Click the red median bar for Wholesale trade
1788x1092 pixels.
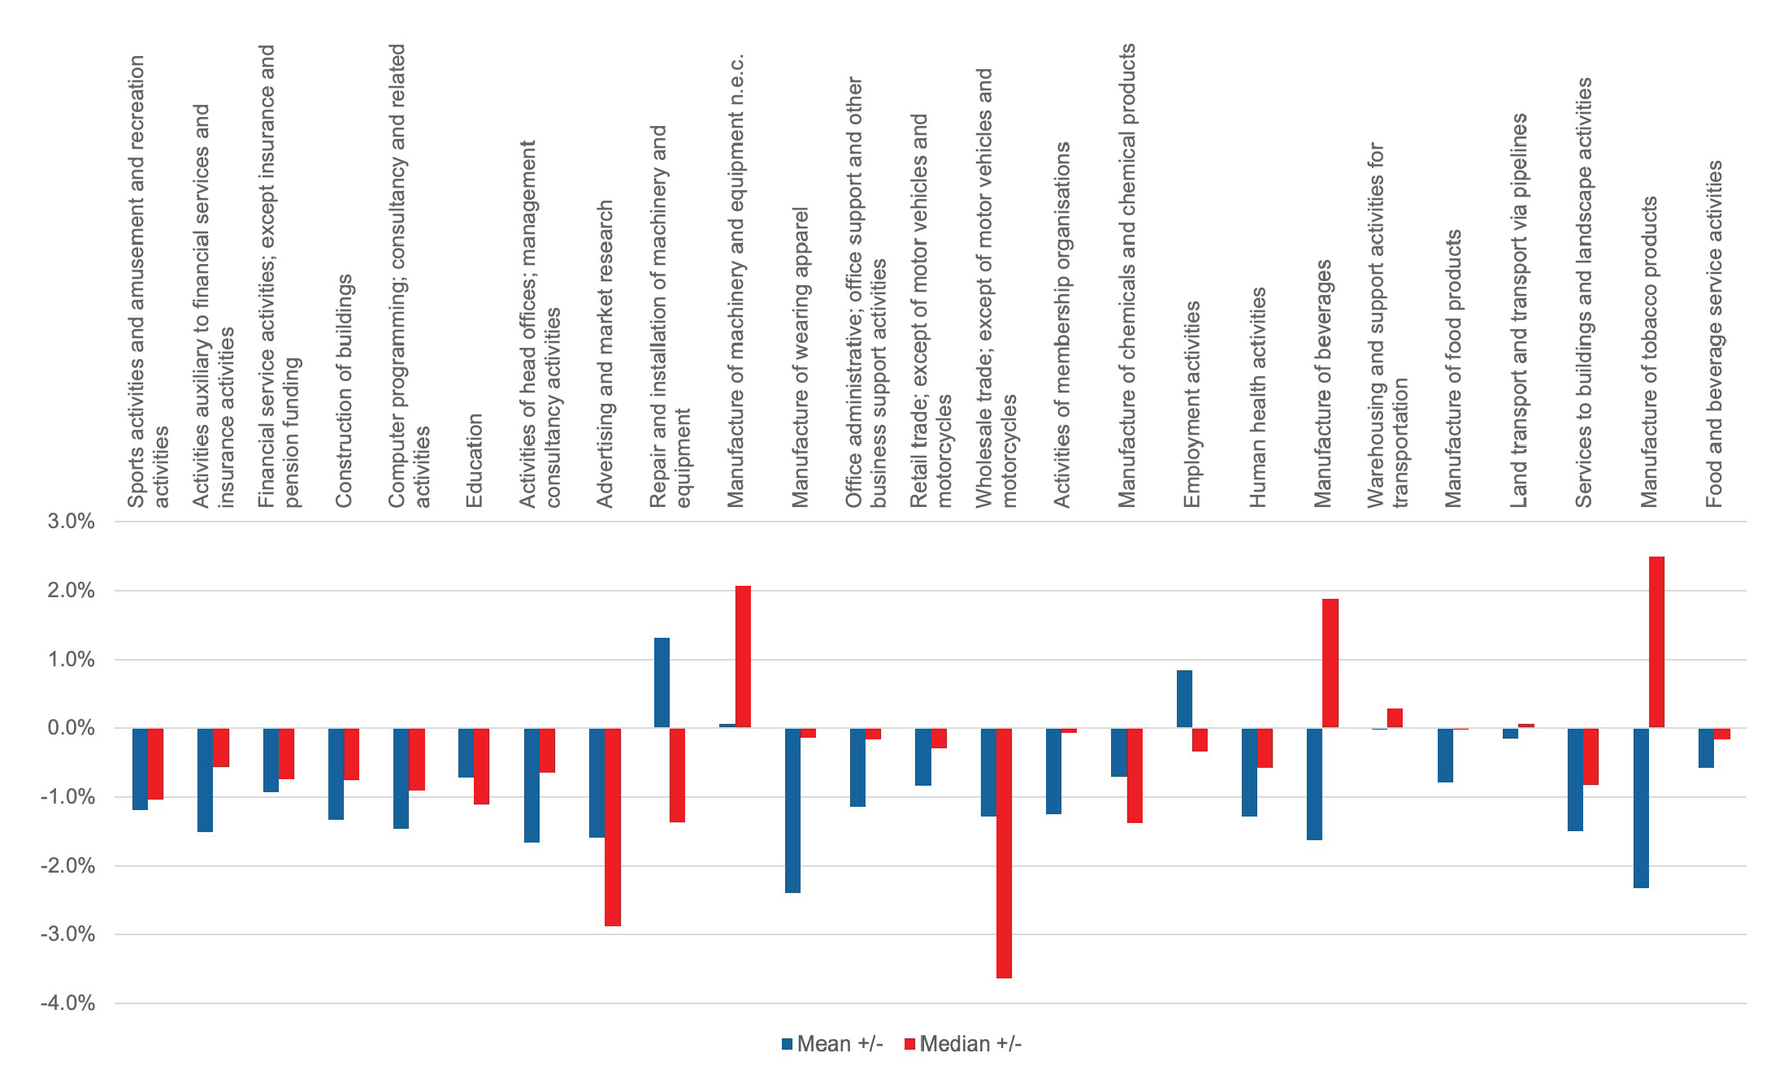[1004, 852]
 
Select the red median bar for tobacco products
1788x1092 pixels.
[1656, 642]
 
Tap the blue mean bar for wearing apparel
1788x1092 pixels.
[792, 810]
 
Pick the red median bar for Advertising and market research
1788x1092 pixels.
[613, 826]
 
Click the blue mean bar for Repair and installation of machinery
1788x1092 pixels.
[662, 682]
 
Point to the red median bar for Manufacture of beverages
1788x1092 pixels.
[1330, 663]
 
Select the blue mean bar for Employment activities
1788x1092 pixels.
[1184, 699]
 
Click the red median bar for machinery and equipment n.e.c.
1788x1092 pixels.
[743, 656]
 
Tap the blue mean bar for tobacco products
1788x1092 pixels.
[1641, 808]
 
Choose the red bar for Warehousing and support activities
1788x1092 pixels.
[1395, 718]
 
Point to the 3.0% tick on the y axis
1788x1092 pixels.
[72, 522]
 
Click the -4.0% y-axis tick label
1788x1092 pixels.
[68, 1003]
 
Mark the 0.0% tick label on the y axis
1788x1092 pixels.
[72, 728]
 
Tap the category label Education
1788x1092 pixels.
[475, 460]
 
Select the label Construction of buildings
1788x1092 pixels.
[345, 390]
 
